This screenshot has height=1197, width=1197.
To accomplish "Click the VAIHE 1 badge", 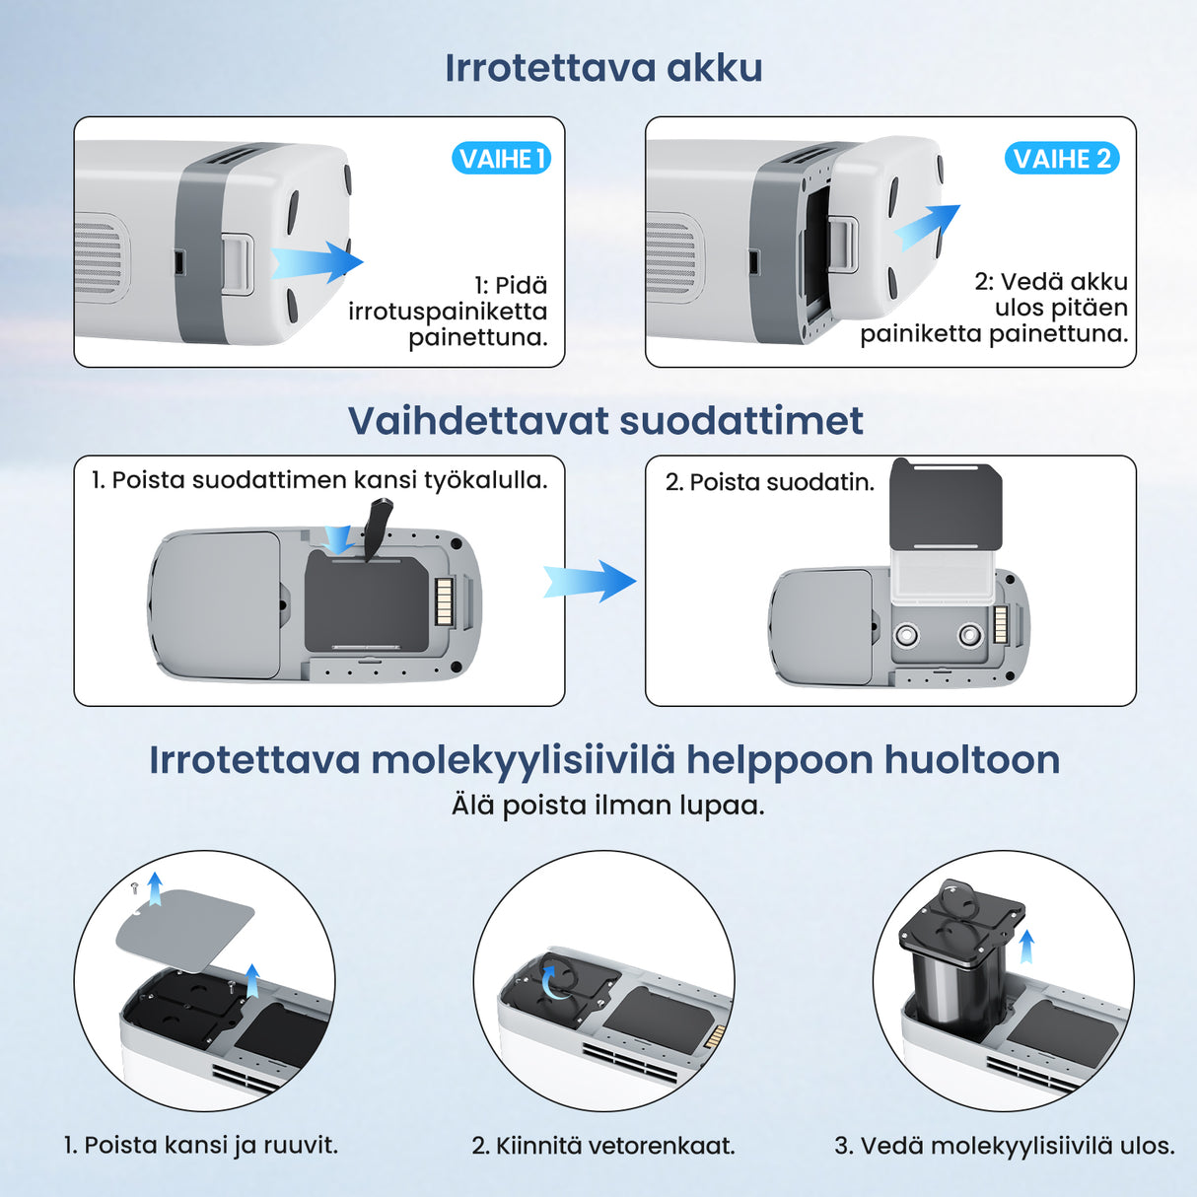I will coord(501,159).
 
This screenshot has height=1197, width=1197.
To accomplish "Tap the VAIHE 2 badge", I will coord(1062,159).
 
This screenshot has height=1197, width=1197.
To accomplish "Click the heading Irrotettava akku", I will coord(603,68).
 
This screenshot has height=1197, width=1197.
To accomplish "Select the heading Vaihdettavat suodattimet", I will coord(605,421).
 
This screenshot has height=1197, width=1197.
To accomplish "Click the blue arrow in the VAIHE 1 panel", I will coord(317,262).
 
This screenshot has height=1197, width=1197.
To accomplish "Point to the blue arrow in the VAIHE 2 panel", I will coord(926,228).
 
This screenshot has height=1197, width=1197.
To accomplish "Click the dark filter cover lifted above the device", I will coord(946,504).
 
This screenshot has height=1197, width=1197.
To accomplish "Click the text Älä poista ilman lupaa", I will coord(607,806).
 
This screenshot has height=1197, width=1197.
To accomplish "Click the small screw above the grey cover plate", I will coord(135,888).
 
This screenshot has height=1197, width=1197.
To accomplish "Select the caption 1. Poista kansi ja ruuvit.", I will coord(201,1146).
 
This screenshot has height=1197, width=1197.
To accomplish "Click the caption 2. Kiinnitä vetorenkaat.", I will coord(603,1146).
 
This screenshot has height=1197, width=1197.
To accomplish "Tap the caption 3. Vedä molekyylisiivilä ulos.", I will coord(1004,1146).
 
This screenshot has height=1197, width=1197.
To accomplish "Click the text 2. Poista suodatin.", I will coord(769,482).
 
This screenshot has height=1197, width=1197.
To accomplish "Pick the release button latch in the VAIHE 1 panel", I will coord(238,263).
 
